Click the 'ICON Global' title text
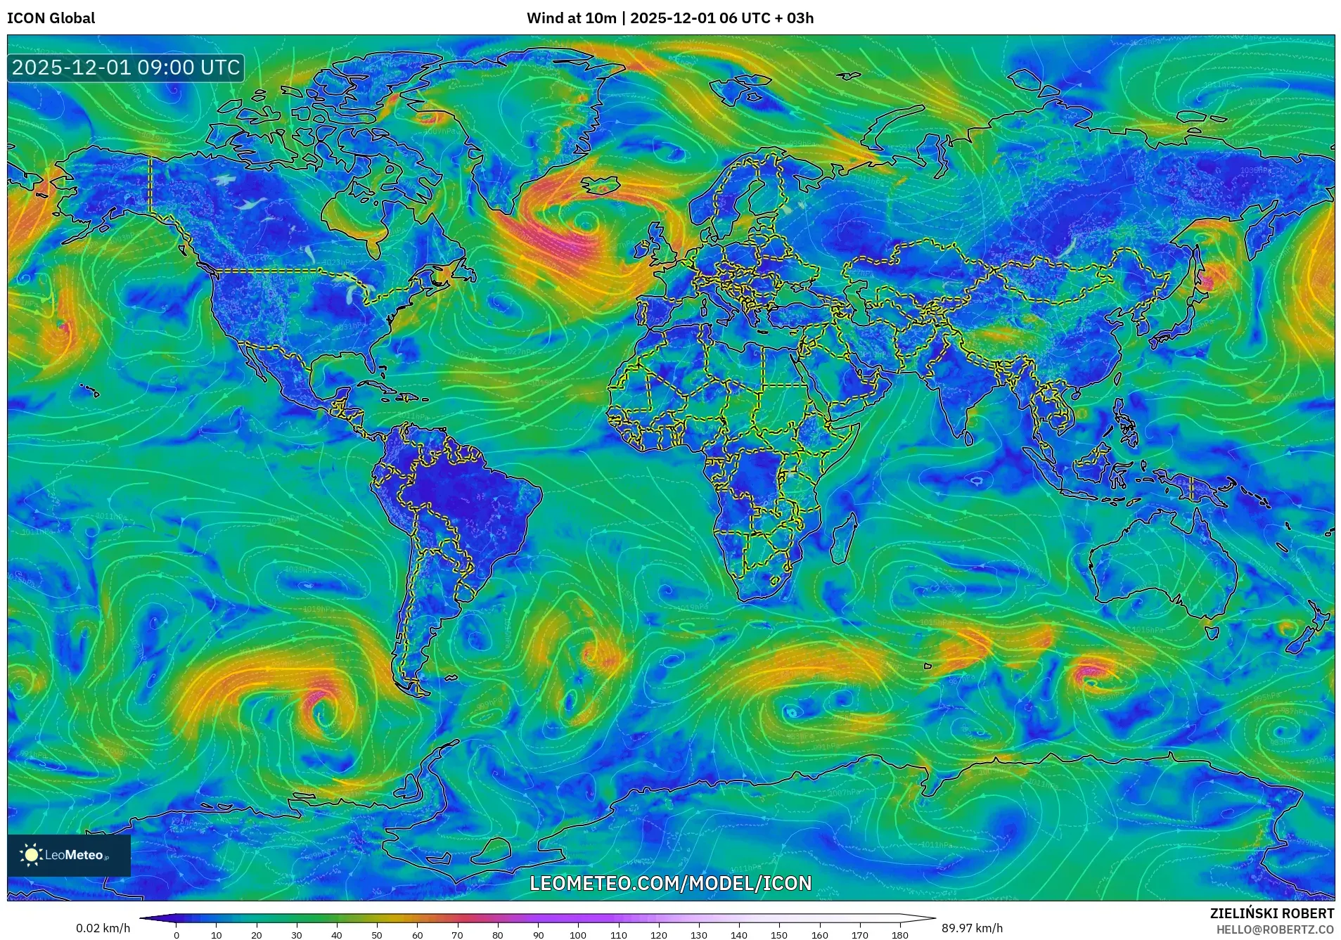pos(51,18)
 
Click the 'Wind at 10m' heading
pos(571,18)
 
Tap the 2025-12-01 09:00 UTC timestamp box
pos(126,67)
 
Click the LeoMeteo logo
pos(68,855)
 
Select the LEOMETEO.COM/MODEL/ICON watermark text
pos(670,883)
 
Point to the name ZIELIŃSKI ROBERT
pos(1271,913)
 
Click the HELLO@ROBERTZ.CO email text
pos(1275,929)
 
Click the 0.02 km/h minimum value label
pos(103,928)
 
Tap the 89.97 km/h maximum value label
pos(972,928)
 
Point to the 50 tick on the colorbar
pos(377,935)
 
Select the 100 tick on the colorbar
pos(578,935)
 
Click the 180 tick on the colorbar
pos(899,935)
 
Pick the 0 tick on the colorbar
pos(177,935)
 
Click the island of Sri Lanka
pos(969,438)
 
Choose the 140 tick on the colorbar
pos(738,935)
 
